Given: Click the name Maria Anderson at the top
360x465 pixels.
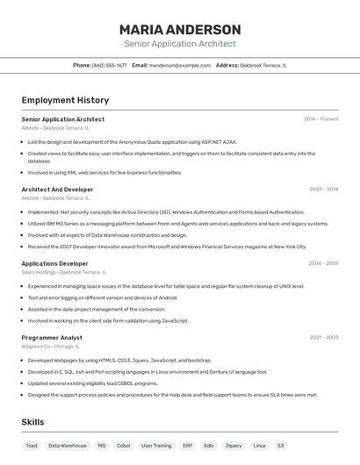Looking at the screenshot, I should pos(180,30).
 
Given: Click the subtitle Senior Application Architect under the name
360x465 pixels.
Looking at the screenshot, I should pos(180,43).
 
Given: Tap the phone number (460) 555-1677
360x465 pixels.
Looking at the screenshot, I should pos(109,65).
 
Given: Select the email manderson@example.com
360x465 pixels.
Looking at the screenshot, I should pos(179,65).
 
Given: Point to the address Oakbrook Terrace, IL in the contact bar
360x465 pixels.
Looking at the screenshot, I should pos(263,65).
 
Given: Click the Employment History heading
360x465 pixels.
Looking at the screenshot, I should pos(65,100).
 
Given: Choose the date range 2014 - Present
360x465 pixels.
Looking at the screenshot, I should pos(320,119).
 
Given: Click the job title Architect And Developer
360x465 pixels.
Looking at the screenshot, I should pos(57,190).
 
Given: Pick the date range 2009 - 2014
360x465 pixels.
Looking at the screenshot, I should pos(323,190).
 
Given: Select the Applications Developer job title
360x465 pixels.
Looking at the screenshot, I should pos(54,263).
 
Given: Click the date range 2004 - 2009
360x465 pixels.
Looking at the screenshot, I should pos(323,263).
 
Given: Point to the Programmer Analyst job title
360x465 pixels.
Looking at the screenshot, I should pos(52,337).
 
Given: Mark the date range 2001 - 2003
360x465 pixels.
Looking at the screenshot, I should pos(323,337).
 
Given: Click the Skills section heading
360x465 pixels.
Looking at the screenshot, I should pos(32,422).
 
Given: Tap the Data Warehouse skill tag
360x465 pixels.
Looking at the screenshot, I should pos(68,446).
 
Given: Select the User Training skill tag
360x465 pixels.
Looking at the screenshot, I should pos(156,446).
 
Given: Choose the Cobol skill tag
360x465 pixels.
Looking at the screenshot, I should pos(123,446).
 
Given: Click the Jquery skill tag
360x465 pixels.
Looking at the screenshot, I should pos(233,446).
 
